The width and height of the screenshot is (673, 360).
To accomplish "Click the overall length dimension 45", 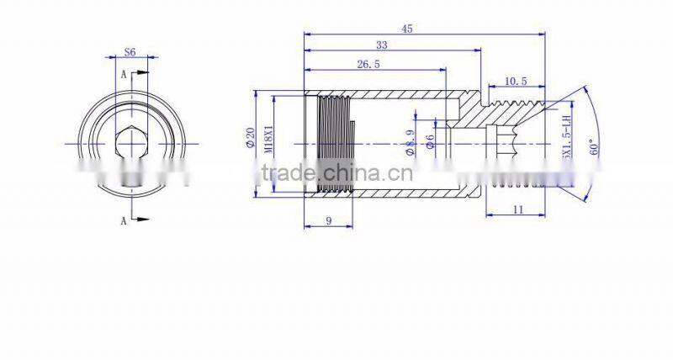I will (407, 29).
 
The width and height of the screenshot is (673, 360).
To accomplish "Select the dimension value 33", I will (381, 45).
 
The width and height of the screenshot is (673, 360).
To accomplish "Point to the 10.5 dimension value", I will (516, 82).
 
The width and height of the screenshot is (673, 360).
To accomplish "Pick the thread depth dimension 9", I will (326, 221).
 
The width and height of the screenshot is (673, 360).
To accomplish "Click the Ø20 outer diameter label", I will (250, 140).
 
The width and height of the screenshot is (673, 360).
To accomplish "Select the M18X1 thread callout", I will (269, 140).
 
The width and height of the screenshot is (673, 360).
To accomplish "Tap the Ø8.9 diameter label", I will (411, 144).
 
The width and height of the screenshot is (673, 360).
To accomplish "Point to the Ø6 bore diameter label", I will (429, 142).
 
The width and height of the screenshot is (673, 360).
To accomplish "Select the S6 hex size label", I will (130, 52).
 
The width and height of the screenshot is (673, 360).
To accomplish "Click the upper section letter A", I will (124, 74).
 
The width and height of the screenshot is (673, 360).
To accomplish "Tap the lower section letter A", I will (124, 220).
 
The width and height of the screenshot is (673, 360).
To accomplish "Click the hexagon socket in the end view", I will (129, 144).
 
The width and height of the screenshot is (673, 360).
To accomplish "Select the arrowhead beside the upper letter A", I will (143, 74).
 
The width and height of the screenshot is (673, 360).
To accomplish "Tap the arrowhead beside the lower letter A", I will (143, 220).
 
